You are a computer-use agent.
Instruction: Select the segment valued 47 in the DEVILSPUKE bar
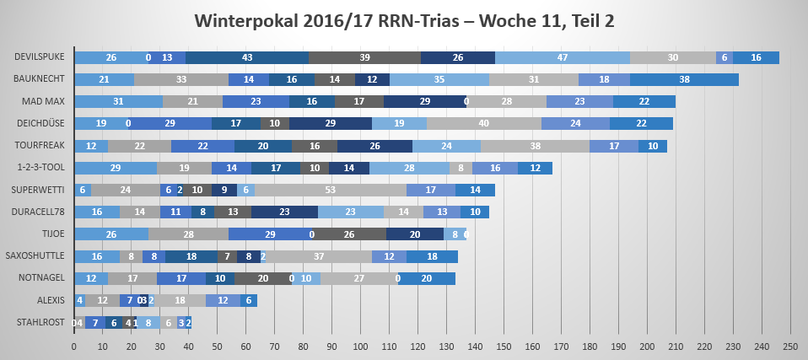tap(563, 57)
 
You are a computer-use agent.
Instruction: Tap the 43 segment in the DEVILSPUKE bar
tap(247, 57)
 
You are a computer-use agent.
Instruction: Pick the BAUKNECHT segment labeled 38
tap(684, 79)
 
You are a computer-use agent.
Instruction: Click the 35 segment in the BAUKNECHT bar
tap(439, 79)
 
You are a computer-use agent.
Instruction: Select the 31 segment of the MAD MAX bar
tap(118, 101)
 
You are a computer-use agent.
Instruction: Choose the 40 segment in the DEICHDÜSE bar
tap(483, 123)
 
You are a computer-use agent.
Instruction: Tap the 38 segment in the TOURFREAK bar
tap(535, 146)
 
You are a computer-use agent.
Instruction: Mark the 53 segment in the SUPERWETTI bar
tap(331, 190)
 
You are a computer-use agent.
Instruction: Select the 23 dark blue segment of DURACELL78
tap(284, 212)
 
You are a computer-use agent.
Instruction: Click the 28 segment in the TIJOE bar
tap(188, 234)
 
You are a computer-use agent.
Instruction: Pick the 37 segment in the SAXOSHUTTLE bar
tap(319, 256)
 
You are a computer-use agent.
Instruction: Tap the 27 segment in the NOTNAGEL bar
tap(358, 278)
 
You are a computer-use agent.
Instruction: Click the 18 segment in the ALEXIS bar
tap(180, 300)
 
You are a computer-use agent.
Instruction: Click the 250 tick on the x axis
tap(789, 347)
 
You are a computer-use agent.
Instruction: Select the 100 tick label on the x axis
tap(360, 347)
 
